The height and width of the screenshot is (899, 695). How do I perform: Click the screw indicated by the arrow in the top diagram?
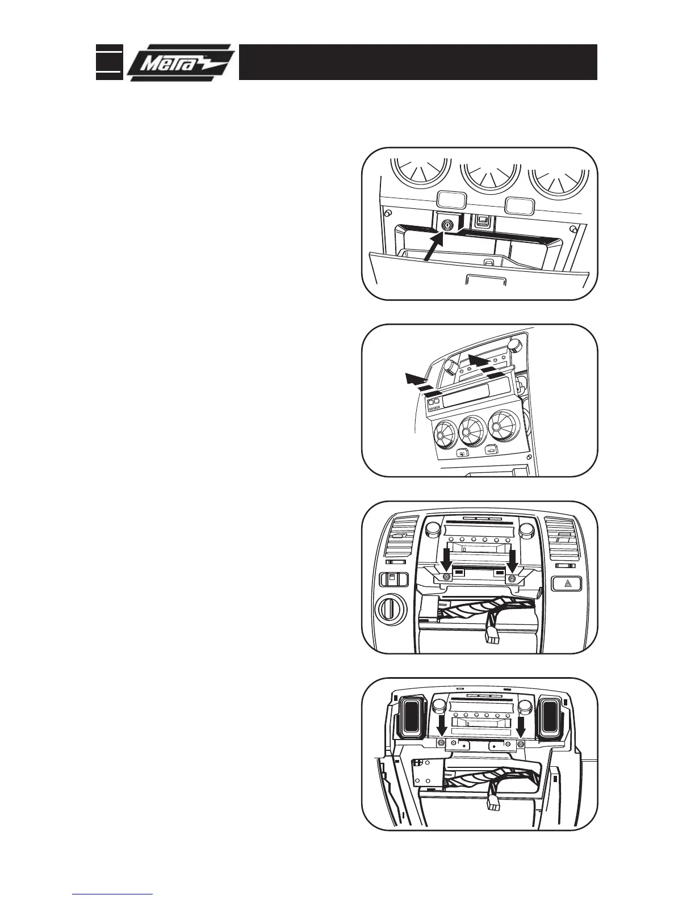pos(448,225)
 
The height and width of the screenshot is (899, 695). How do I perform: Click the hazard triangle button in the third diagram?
pos(567,583)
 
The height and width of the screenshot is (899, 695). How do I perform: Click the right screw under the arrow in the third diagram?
pos(512,578)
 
